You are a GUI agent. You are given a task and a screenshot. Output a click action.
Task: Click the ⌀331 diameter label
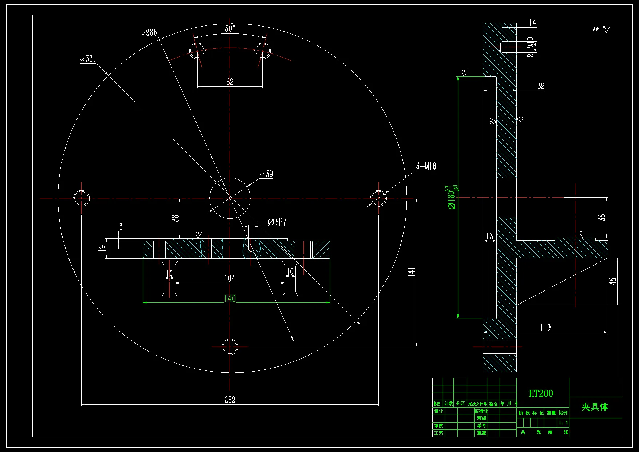click(x=88, y=59)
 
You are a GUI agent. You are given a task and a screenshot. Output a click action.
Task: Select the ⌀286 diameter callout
click(x=149, y=32)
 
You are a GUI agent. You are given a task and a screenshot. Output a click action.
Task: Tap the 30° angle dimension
click(x=230, y=28)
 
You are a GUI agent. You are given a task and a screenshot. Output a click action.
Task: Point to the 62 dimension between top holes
click(x=230, y=82)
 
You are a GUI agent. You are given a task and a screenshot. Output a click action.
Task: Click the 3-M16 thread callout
click(x=426, y=166)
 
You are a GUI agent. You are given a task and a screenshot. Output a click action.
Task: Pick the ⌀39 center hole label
click(x=267, y=174)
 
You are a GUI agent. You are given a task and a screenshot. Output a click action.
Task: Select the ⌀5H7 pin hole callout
click(x=277, y=222)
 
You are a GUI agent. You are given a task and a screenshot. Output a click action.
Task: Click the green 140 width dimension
click(x=230, y=298)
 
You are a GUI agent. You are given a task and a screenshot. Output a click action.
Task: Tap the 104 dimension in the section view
click(x=230, y=278)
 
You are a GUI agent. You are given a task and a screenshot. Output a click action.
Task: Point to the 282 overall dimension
click(x=230, y=400)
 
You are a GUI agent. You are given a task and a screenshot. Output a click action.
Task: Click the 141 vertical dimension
click(x=412, y=272)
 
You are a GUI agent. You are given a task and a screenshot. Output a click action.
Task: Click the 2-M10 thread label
click(x=531, y=47)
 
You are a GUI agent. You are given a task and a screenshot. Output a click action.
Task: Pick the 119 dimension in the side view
click(x=545, y=327)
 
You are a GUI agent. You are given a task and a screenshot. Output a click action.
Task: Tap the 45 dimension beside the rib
click(x=613, y=281)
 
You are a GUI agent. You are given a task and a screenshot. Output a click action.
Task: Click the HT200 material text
click(x=541, y=393)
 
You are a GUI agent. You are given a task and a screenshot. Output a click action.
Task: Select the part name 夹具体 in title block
click(x=595, y=407)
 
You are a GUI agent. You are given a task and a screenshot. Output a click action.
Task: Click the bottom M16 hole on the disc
click(x=230, y=347)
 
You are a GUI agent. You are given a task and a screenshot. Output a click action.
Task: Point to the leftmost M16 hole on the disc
click(x=81, y=198)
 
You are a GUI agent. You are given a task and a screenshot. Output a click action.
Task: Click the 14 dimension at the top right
click(x=533, y=23)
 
